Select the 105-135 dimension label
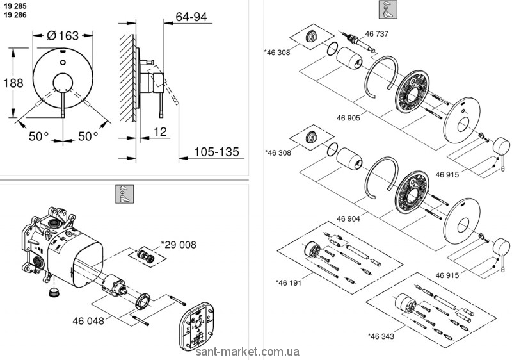216,152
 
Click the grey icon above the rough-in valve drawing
123,194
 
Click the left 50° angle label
38,136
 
